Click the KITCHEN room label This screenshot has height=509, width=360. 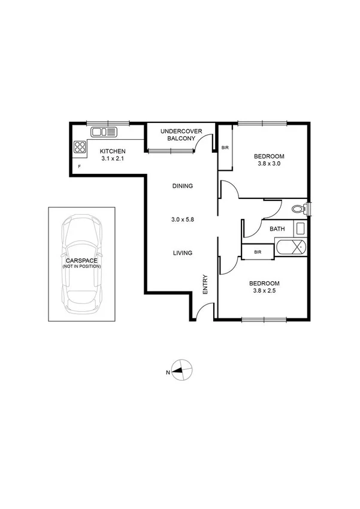point(112,150)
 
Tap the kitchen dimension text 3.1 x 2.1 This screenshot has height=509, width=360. point(112,159)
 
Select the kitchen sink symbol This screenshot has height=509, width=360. point(106,131)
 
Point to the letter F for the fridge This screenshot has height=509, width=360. point(78,166)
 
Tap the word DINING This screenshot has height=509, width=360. point(182,186)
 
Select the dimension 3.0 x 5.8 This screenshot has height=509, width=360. point(182,219)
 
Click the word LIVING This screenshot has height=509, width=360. point(182,253)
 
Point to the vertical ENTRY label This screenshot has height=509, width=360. point(205,284)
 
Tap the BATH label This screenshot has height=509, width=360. point(277,229)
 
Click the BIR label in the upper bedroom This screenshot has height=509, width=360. point(225,147)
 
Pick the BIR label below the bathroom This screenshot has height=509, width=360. point(258,252)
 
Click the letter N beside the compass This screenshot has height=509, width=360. point(168,372)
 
